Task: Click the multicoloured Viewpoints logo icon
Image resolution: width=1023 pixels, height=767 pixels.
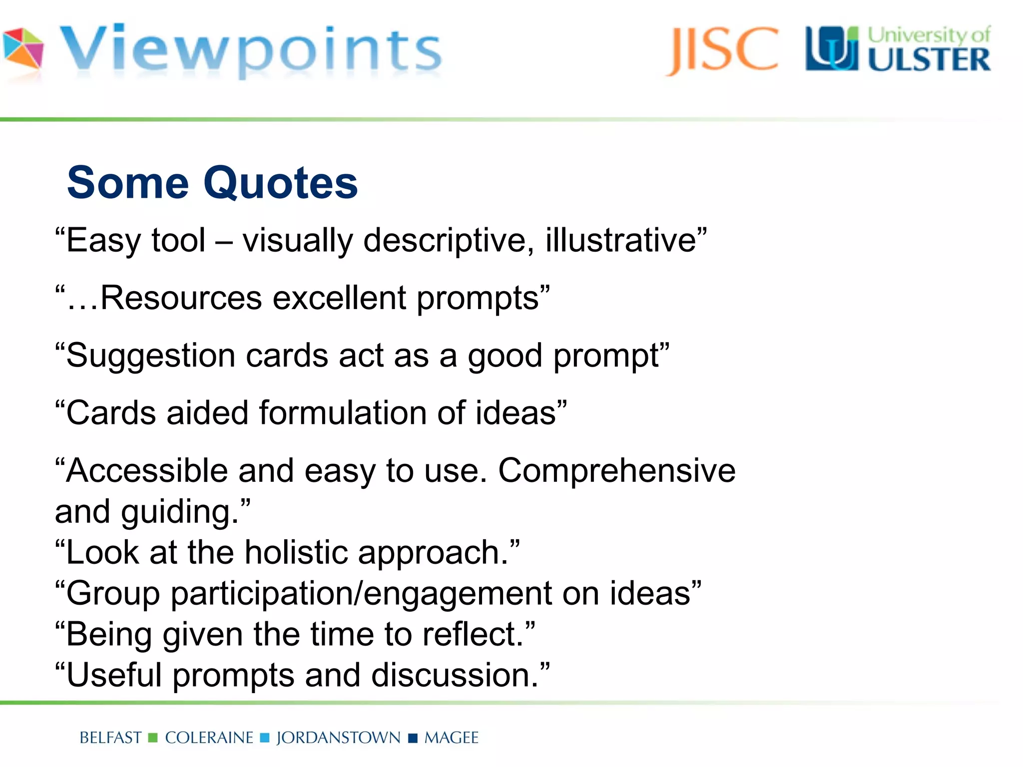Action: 23,48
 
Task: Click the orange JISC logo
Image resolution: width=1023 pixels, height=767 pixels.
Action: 722,50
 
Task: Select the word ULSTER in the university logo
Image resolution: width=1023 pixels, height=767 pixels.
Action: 929,60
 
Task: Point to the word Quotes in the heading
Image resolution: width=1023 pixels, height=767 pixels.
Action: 280,183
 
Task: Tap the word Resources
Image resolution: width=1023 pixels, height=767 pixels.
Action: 181,298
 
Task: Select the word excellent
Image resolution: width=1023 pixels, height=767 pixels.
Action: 339,298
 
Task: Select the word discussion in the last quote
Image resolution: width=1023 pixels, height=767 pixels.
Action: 452,675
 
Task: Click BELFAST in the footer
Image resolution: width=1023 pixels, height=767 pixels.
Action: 110,738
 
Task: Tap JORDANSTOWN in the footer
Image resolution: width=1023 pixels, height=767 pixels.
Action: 338,738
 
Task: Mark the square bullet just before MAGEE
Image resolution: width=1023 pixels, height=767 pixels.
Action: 413,738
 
